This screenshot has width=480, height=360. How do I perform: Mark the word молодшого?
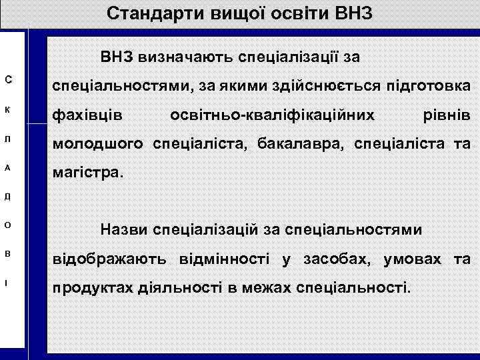click(x=100, y=145)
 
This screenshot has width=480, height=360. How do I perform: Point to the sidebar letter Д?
click(x=7, y=198)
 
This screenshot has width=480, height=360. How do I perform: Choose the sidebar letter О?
click(x=7, y=226)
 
